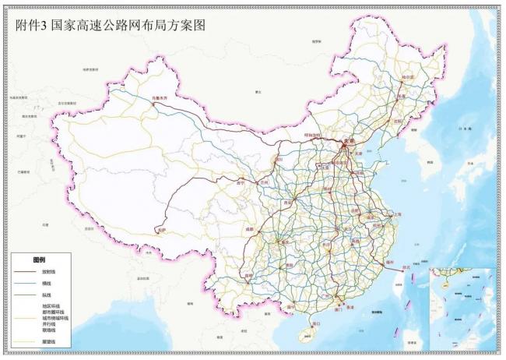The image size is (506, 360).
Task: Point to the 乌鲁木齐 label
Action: point(159,97)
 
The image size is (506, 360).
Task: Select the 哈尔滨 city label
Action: point(407,78)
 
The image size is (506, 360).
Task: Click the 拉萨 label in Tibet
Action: point(161,230)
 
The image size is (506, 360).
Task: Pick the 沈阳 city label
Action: point(400,122)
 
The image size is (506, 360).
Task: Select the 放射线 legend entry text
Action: point(49,272)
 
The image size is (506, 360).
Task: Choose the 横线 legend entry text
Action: point(46,284)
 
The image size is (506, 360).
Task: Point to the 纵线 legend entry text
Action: point(46,295)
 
